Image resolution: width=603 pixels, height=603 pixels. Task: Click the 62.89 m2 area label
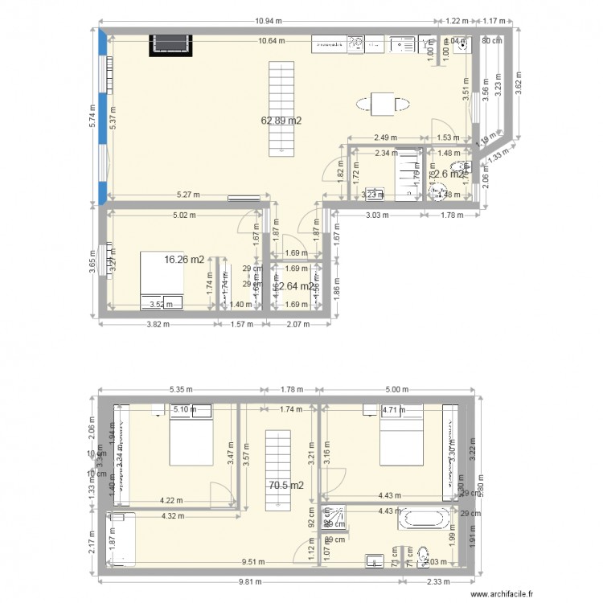[x=281, y=121]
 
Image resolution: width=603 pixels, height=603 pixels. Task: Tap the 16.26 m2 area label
[x=184, y=260]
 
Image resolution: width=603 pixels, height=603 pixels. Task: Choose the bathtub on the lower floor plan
[x=424, y=517]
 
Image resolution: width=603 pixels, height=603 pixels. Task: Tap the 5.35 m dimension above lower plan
[x=181, y=388]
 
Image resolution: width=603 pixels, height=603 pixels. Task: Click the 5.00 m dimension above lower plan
[x=397, y=388]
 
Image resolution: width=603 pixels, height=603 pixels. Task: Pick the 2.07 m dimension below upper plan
[x=299, y=323]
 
